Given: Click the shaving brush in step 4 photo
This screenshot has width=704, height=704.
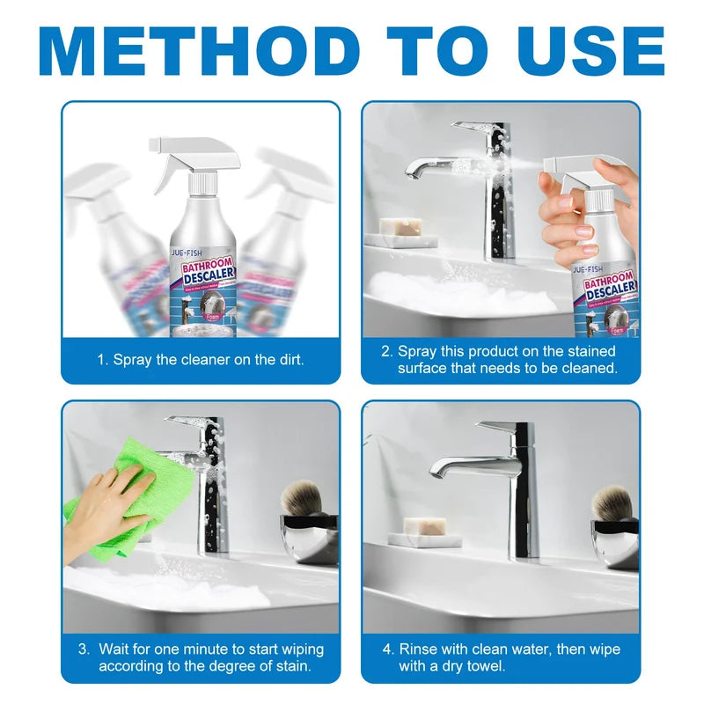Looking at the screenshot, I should [611, 502].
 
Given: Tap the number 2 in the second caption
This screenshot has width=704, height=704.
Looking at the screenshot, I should [385, 351].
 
